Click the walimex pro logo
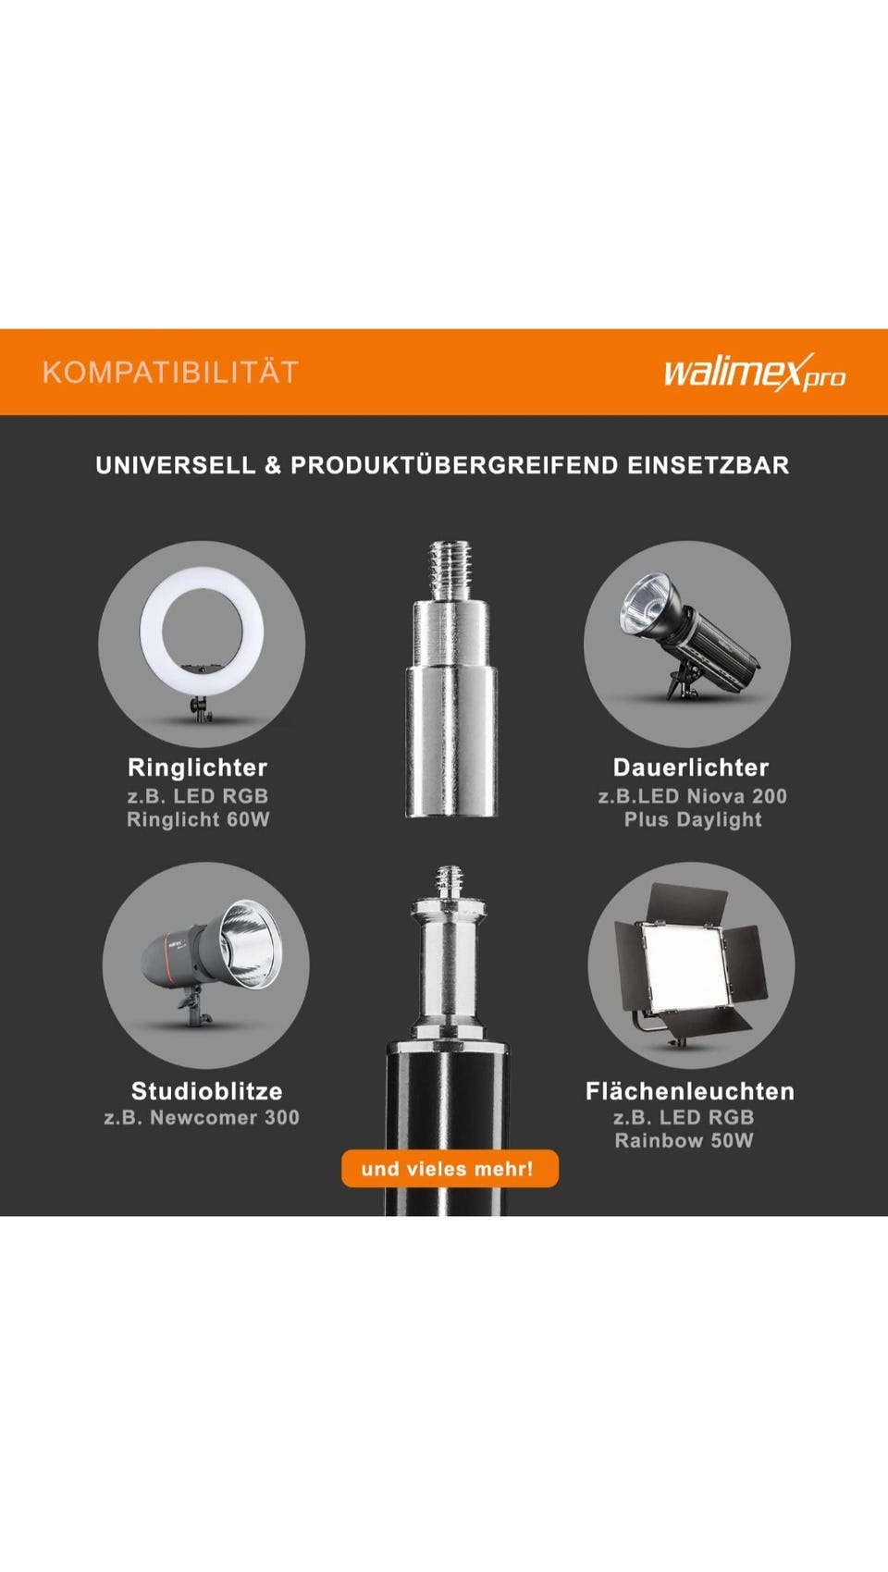tap(755, 372)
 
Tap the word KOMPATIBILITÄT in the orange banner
tap(170, 372)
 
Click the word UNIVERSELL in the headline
tap(176, 465)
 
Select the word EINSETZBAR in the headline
tap(709, 465)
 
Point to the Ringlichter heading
tap(198, 768)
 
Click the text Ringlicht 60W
tap(198, 819)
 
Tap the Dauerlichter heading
tap(692, 768)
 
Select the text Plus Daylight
tap(693, 819)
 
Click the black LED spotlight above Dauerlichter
tap(688, 635)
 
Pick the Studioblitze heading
tap(207, 1090)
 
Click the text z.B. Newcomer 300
tap(203, 1117)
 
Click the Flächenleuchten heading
tap(690, 1090)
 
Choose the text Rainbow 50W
tap(684, 1140)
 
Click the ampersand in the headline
tap(273, 465)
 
